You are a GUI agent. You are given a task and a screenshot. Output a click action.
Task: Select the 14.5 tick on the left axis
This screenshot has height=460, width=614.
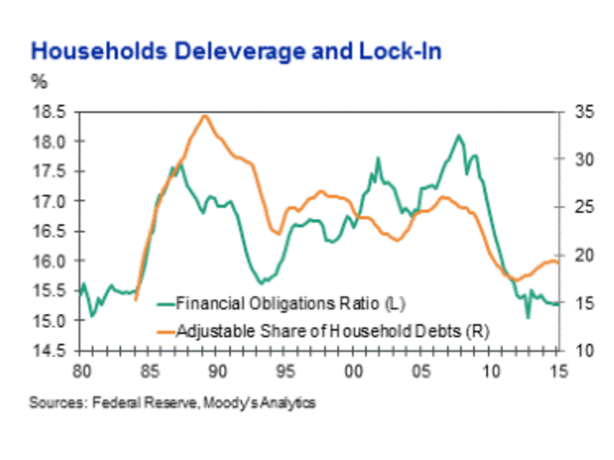click(x=51, y=351)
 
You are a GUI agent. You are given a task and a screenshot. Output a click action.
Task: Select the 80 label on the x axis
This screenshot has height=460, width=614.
click(x=80, y=372)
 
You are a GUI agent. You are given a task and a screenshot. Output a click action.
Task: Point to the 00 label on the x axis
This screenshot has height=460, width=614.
click(x=354, y=372)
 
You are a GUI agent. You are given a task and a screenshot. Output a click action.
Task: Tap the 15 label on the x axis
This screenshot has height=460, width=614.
click(x=560, y=372)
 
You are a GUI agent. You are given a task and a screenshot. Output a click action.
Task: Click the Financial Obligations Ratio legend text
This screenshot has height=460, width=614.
click(x=290, y=303)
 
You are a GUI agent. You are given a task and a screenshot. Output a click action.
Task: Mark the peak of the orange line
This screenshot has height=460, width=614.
click(x=205, y=116)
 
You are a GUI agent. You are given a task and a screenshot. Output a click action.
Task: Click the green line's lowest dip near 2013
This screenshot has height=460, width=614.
click(x=528, y=318)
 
